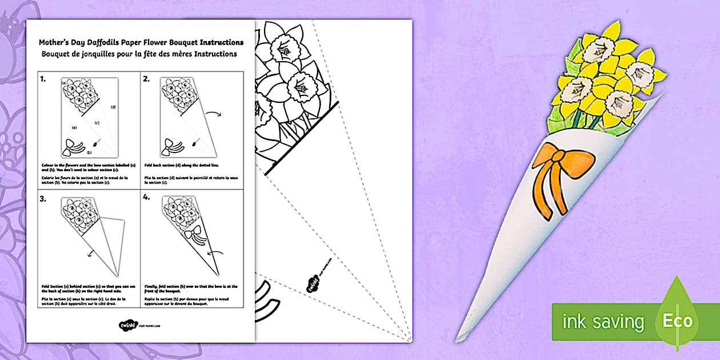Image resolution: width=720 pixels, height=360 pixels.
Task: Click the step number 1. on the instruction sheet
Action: pyautogui.click(x=43, y=79)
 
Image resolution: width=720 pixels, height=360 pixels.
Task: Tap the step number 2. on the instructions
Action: pyautogui.click(x=146, y=79)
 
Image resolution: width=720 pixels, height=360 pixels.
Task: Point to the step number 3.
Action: pyautogui.click(x=43, y=199)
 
